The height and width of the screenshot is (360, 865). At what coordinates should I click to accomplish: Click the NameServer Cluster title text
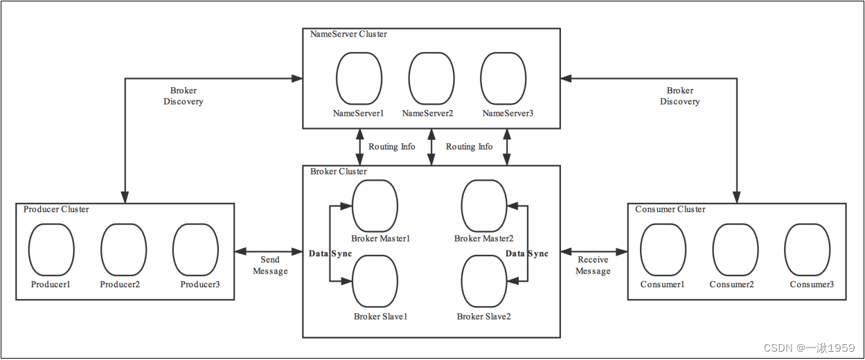[x=348, y=34]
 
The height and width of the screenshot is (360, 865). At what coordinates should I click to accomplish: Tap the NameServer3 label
[x=508, y=113]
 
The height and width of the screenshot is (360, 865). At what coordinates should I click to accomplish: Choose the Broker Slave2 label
[x=483, y=316]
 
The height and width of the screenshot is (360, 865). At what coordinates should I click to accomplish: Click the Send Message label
[x=270, y=265]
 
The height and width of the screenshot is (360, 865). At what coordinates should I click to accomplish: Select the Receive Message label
[x=593, y=265]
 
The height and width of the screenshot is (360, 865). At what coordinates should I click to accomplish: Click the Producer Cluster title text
[x=56, y=209]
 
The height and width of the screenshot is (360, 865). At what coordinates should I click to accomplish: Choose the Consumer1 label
[x=662, y=285]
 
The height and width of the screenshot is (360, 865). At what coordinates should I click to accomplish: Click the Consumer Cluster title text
[x=670, y=209]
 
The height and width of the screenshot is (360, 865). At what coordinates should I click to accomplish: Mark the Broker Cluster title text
[x=338, y=171]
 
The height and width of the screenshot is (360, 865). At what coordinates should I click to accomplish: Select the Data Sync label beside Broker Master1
[x=330, y=253]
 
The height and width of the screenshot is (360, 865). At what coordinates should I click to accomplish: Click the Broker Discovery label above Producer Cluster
[x=183, y=96]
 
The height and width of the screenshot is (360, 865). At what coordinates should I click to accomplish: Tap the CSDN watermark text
[x=809, y=348]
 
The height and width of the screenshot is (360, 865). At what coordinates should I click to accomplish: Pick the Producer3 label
[x=200, y=285]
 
